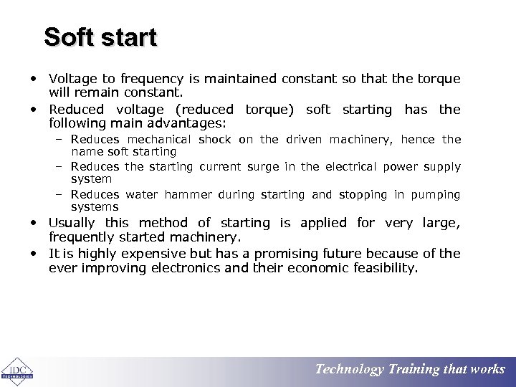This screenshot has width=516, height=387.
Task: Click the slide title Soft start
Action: point(100,37)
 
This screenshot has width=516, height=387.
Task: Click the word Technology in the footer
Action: point(349,370)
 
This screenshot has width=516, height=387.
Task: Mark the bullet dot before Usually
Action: point(34,224)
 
